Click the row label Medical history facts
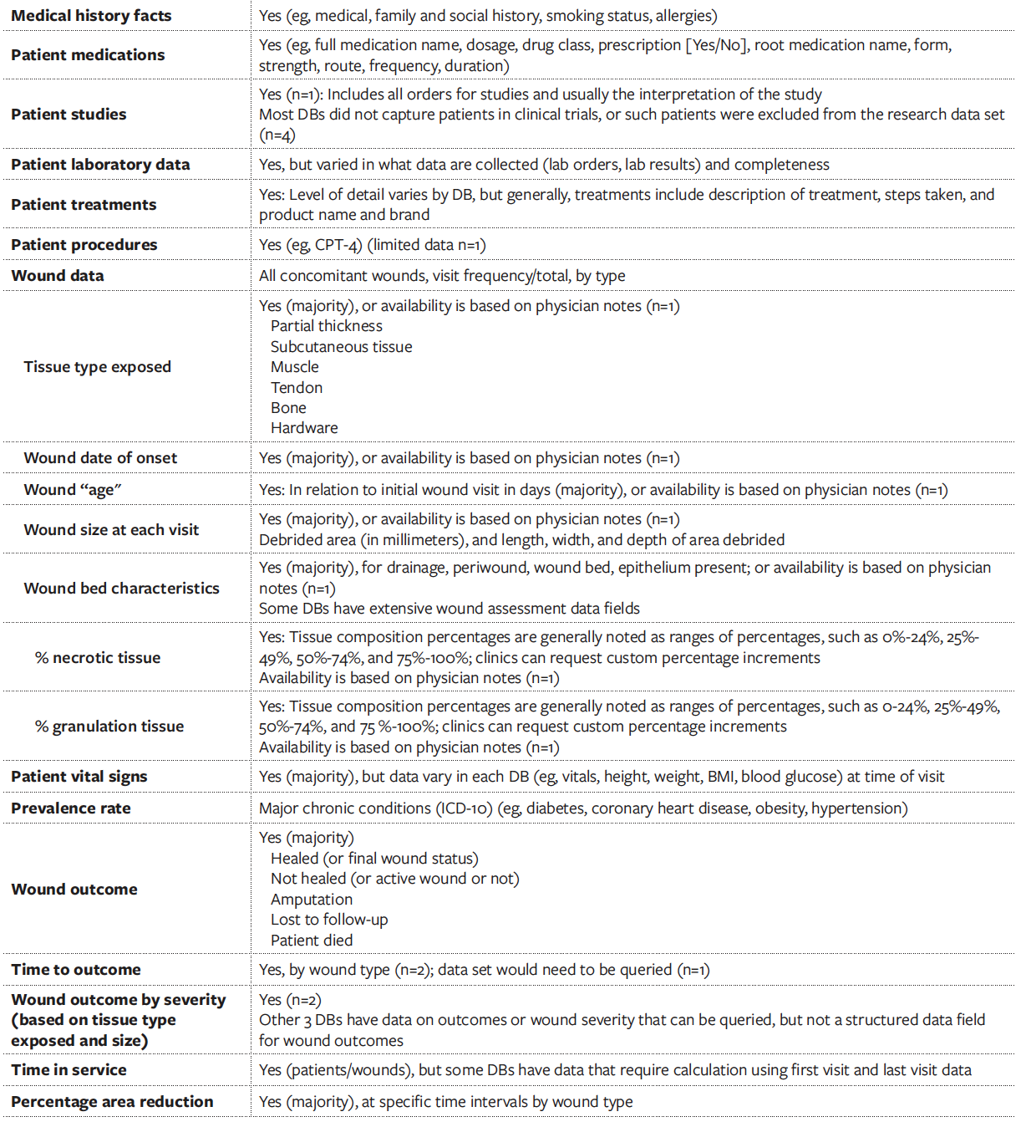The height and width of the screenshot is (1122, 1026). pyautogui.click(x=91, y=16)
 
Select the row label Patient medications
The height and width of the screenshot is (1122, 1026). pyautogui.click(x=88, y=55)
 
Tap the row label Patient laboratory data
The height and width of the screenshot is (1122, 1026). pyautogui.click(x=100, y=165)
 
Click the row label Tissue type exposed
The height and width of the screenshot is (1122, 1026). pyautogui.click(x=97, y=367)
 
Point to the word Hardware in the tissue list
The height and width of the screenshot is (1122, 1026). pyautogui.click(x=304, y=428)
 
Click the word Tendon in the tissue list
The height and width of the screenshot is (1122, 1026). pyautogui.click(x=297, y=388)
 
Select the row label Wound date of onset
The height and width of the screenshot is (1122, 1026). pyautogui.click(x=100, y=458)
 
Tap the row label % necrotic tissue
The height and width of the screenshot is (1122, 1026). pyautogui.click(x=98, y=658)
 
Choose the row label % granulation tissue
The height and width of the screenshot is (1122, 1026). pyautogui.click(x=109, y=727)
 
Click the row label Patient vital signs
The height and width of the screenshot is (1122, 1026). pyautogui.click(x=79, y=777)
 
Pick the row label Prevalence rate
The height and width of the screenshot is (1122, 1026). pyautogui.click(x=71, y=808)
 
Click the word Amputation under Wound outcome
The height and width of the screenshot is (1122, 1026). pyautogui.click(x=312, y=900)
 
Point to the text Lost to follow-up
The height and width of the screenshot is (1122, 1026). pyautogui.click(x=329, y=920)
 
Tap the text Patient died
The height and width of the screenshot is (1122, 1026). pyautogui.click(x=312, y=941)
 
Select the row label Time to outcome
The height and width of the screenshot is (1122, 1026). pyautogui.click(x=76, y=970)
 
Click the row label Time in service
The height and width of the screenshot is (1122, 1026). pyautogui.click(x=69, y=1070)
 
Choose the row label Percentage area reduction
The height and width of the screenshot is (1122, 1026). pyautogui.click(x=112, y=1102)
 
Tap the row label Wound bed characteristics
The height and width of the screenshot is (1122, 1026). pyautogui.click(x=121, y=589)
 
